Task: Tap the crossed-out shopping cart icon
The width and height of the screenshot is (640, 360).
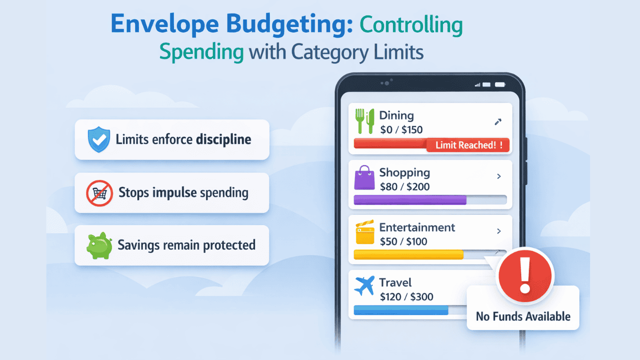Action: click(99, 192)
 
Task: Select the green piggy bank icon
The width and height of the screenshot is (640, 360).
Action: click(99, 245)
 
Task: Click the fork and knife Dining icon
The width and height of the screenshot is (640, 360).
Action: click(365, 121)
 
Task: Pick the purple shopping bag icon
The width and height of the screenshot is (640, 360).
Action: click(364, 178)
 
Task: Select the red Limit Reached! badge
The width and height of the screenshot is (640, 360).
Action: click(468, 145)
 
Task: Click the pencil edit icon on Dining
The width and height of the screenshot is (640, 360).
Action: click(497, 121)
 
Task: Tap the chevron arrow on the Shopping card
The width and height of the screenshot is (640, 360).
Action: click(498, 176)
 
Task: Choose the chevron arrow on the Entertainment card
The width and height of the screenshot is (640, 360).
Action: click(498, 231)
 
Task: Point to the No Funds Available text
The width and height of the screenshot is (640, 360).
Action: click(523, 316)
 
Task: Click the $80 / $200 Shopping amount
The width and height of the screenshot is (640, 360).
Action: click(404, 187)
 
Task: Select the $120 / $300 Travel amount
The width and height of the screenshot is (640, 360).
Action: click(406, 296)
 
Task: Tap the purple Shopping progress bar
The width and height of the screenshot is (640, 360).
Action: click(410, 200)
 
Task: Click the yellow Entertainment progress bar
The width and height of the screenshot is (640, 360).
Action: click(408, 254)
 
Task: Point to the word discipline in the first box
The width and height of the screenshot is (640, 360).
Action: click(223, 139)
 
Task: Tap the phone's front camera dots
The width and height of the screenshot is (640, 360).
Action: click(384, 83)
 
